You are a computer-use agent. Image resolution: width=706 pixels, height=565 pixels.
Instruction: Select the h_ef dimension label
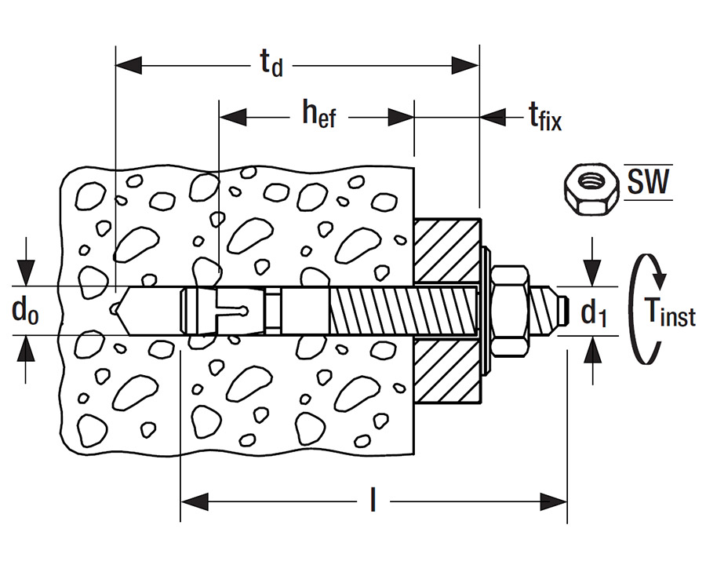(x=318, y=114)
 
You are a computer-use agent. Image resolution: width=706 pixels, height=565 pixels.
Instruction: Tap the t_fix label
(x=545, y=117)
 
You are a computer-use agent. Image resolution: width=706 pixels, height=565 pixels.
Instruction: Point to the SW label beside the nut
(x=649, y=181)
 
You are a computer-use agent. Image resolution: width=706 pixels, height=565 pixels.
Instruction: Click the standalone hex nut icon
(x=591, y=189)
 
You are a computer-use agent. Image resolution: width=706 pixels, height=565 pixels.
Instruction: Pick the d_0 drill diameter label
(x=25, y=311)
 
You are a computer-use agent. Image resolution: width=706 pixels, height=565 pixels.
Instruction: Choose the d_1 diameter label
(x=595, y=313)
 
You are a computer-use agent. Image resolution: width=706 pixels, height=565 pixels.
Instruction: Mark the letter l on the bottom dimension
(x=373, y=500)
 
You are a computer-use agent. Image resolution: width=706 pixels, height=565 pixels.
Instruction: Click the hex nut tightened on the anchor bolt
(x=510, y=311)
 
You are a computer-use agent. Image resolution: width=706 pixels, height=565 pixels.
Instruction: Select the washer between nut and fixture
(x=486, y=311)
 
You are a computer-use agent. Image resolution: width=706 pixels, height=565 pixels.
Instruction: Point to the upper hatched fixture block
(x=446, y=251)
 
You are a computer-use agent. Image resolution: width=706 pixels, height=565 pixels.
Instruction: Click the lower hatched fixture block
(x=446, y=370)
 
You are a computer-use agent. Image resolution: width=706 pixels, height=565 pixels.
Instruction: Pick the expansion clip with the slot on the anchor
(x=225, y=311)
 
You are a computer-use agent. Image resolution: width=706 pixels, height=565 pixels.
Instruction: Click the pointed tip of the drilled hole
(x=112, y=309)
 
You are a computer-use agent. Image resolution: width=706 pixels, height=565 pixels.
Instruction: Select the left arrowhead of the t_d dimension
(x=129, y=66)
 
